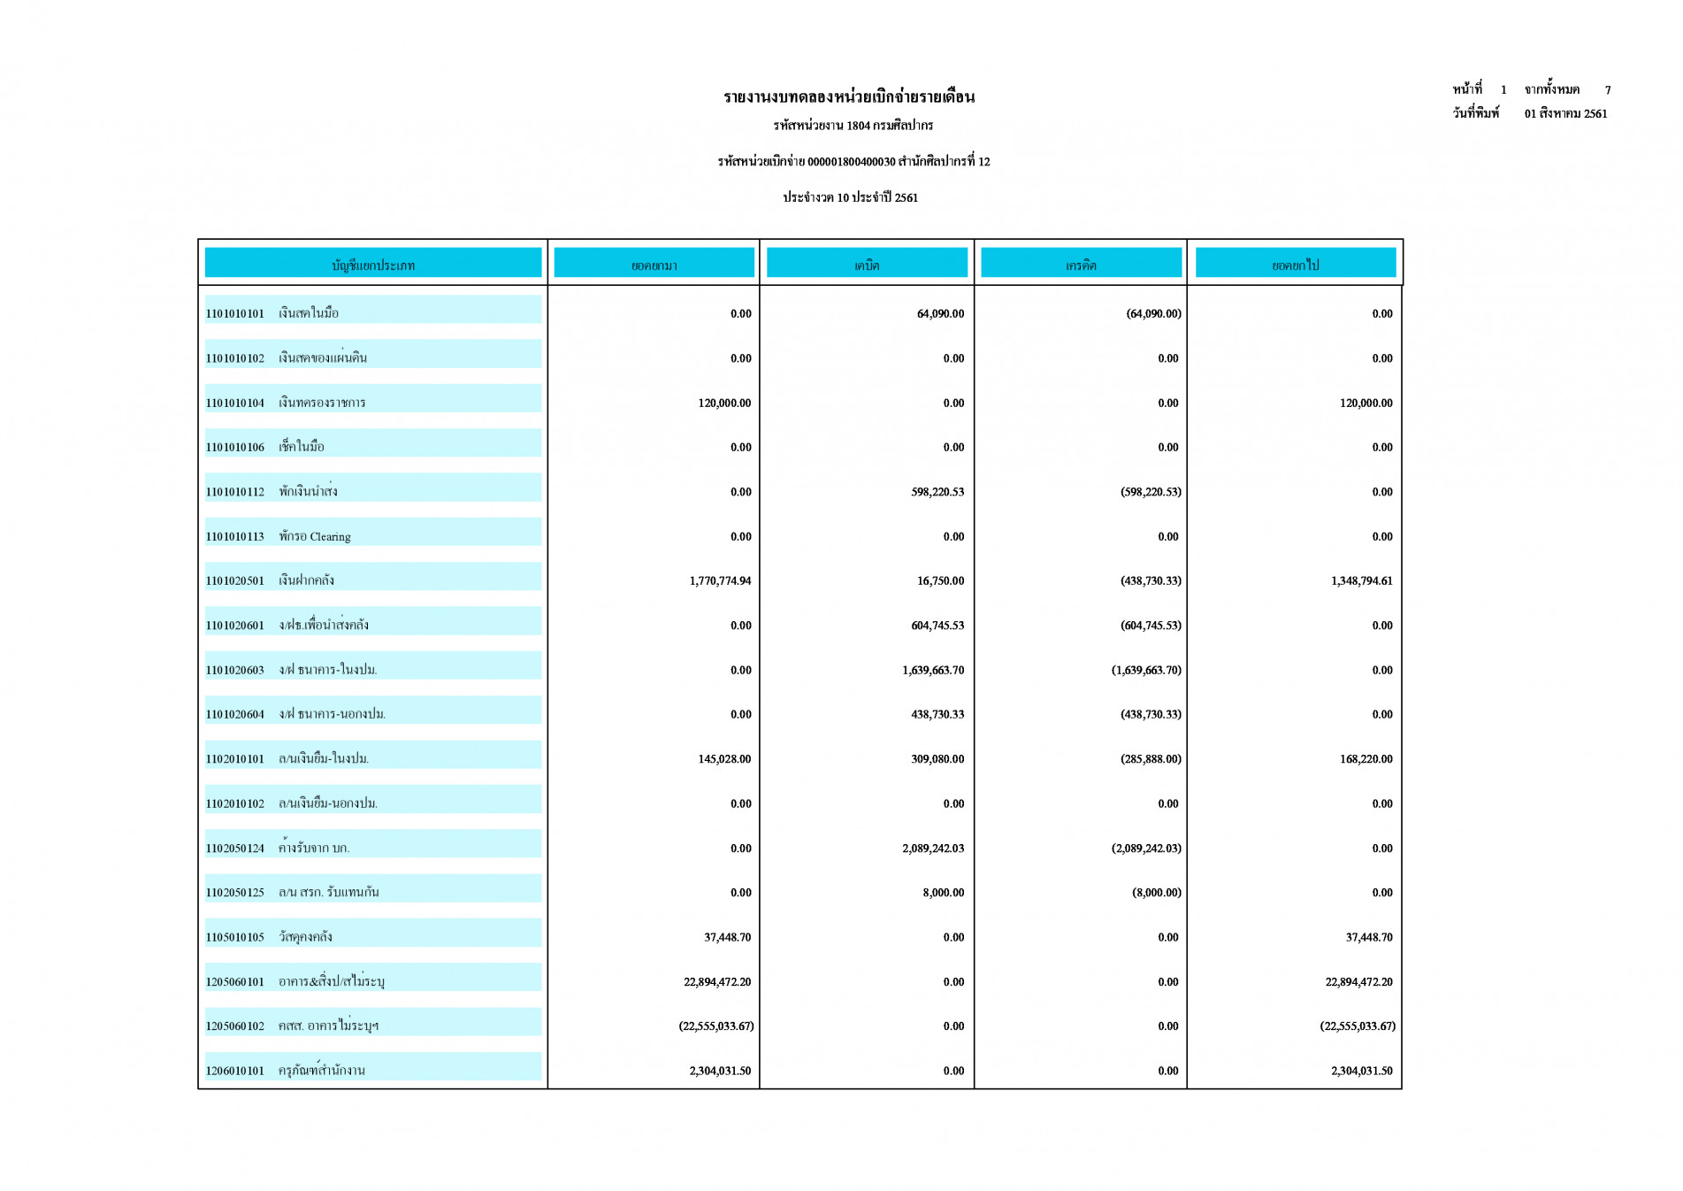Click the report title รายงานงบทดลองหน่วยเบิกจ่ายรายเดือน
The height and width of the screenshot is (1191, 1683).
pyautogui.click(x=848, y=97)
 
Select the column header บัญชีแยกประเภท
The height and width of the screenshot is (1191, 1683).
pyautogui.click(x=372, y=265)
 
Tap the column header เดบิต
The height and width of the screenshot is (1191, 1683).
pyautogui.click(x=866, y=265)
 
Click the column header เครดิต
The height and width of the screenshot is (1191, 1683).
pyautogui.click(x=1080, y=265)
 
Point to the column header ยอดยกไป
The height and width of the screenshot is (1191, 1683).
pyautogui.click(x=1295, y=265)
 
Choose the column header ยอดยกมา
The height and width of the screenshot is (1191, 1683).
pyautogui.click(x=654, y=265)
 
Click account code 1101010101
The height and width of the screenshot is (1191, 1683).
pyautogui.click(x=235, y=314)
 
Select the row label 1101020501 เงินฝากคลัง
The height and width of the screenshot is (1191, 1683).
pyautogui.click(x=270, y=580)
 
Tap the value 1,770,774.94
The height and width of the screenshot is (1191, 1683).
pyautogui.click(x=720, y=581)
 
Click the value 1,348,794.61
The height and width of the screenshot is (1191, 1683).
pyautogui.click(x=1361, y=581)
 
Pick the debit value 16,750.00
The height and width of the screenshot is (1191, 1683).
pyautogui.click(x=940, y=581)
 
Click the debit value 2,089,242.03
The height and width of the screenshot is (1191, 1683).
pyautogui.click(x=933, y=849)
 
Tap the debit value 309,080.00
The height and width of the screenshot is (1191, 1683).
pyautogui.click(x=937, y=759)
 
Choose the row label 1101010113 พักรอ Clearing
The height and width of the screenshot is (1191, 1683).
pyautogui.click(x=278, y=536)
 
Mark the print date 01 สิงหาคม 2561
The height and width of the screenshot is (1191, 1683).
pyautogui.click(x=1565, y=114)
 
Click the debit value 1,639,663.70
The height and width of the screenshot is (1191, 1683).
pyautogui.click(x=933, y=671)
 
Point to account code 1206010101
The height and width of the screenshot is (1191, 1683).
pyautogui.click(x=235, y=1071)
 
